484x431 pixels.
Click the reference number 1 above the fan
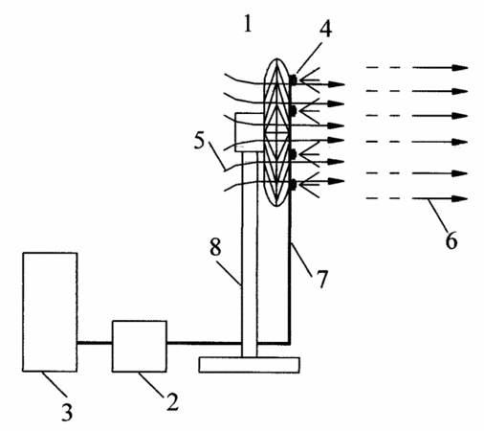[248, 24]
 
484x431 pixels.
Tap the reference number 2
[172, 401]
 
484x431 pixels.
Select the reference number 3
[67, 412]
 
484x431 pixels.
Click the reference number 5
[199, 141]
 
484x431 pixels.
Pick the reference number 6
[451, 240]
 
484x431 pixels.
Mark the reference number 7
[322, 279]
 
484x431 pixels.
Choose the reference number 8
[215, 246]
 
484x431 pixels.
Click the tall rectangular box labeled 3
[50, 312]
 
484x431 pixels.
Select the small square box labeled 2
[140, 346]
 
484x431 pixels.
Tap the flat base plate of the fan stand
[249, 365]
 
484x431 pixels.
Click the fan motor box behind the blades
[250, 132]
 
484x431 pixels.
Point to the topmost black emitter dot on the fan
[294, 79]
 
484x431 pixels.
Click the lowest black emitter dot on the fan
[294, 185]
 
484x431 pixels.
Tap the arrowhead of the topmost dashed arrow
[460, 68]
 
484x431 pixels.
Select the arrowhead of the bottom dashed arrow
[460, 199]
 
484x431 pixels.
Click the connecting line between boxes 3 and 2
[95, 343]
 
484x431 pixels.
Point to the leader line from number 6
[438, 215]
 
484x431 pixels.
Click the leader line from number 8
[229, 272]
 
